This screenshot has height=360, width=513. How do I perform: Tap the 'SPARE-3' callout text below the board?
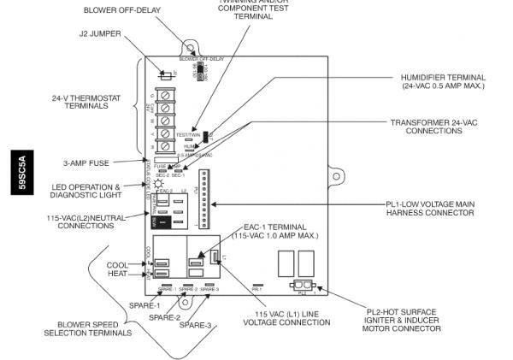(196, 325)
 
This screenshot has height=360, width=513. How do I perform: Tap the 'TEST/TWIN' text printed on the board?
(187, 135)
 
